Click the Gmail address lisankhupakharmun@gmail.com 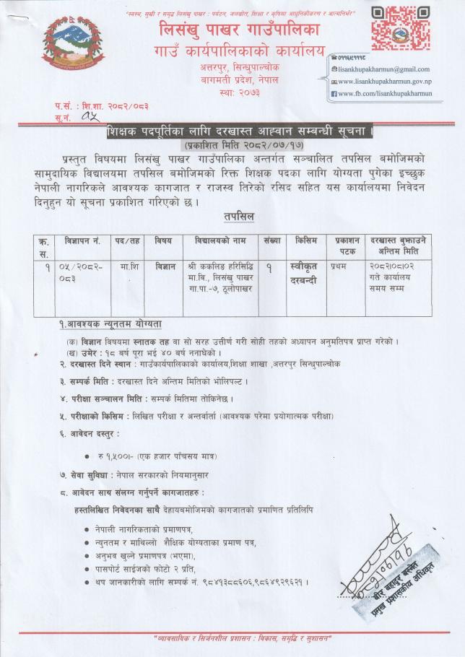pos(383,69)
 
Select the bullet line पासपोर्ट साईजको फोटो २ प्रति pos(150,568)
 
